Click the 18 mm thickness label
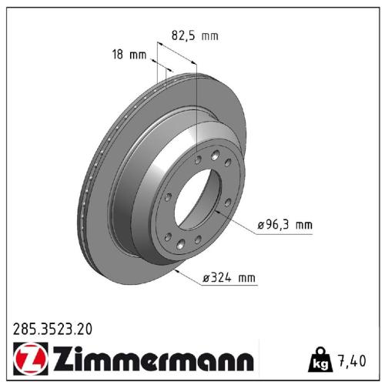(x=128, y=55)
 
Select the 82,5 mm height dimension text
(x=195, y=35)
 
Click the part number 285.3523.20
(x=52, y=329)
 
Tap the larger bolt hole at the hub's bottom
(x=181, y=246)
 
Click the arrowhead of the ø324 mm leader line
(x=176, y=269)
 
